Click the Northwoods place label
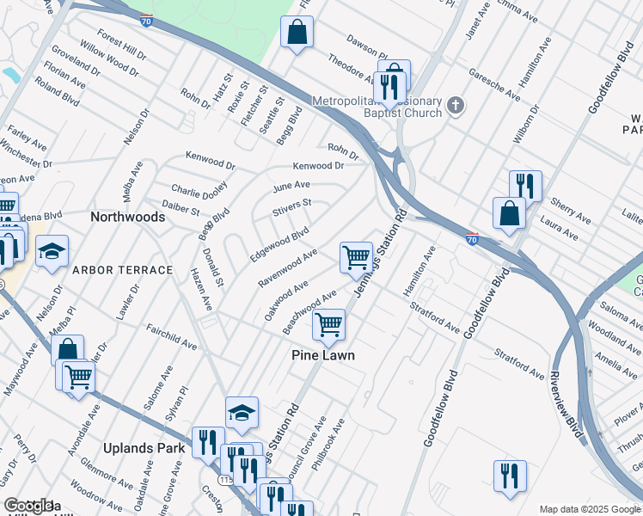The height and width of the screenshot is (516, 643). (x=128, y=218)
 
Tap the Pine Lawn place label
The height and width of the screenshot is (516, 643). (x=323, y=354)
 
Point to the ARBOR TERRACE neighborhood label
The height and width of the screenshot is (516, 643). (x=122, y=270)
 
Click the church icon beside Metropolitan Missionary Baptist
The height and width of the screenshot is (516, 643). (x=456, y=107)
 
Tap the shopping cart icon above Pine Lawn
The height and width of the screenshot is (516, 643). (x=328, y=325)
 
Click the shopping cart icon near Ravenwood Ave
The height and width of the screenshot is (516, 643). (x=356, y=256)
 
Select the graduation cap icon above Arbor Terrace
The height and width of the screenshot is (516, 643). (x=52, y=251)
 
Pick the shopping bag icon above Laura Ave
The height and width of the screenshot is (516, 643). (x=509, y=212)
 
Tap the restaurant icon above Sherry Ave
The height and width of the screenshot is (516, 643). (x=524, y=186)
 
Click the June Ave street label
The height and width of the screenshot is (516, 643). (x=291, y=185)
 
